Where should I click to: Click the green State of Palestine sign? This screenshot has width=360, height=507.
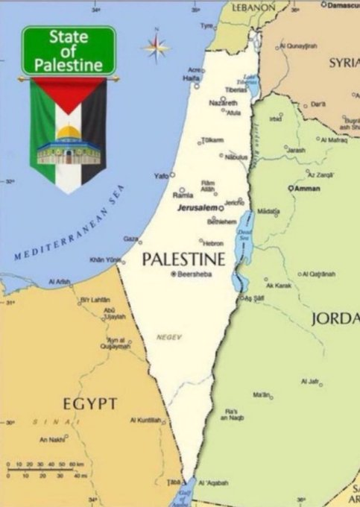pos(69,50)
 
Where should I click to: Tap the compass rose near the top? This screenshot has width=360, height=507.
pos(156,47)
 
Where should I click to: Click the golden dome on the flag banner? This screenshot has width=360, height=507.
pos(69,133)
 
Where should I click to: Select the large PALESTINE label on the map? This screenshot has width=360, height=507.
pos(183,259)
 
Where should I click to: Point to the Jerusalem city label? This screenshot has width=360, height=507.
pos(197,207)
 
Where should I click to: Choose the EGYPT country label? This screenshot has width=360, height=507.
pos(89,403)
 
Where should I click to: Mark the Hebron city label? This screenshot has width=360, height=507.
pos(214,243)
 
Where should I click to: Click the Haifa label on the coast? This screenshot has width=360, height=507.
pos(192,78)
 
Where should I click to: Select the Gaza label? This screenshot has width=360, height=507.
pos(130,239)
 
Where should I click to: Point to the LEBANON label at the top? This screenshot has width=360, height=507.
pos(253,7)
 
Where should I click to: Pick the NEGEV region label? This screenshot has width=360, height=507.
pos(169,337)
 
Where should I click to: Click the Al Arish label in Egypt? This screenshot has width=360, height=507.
pos(59,282)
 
